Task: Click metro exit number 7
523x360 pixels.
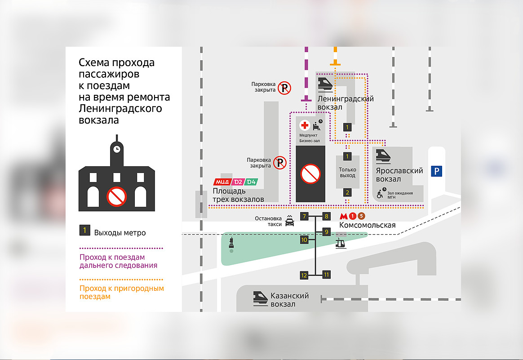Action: [305, 217]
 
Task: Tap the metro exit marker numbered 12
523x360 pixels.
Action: [304, 275]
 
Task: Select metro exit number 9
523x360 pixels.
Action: [327, 232]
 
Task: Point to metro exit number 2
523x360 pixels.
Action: [347, 192]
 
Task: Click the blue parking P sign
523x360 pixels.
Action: [436, 171]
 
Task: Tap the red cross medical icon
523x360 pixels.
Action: [305, 125]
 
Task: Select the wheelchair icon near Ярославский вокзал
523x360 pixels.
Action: [380, 195]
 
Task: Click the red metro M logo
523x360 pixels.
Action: [345, 216]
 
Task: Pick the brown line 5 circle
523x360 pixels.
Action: [362, 216]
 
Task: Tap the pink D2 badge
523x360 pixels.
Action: [237, 182]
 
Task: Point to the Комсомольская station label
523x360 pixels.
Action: [368, 225]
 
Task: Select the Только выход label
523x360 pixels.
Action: [347, 172]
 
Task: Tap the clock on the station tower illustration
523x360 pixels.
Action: [117, 149]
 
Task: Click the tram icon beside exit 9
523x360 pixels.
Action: [341, 244]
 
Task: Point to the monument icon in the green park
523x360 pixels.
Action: [231, 243]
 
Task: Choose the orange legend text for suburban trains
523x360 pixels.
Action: [121, 293]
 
